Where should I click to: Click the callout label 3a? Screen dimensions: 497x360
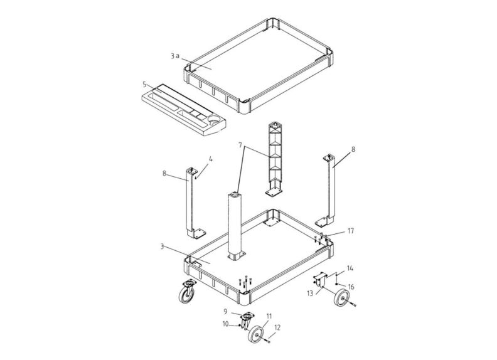[175, 56]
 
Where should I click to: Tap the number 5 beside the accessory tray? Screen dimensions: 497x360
[144, 85]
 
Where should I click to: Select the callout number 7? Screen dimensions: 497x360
[240, 145]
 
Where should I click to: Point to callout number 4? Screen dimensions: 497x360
[210, 159]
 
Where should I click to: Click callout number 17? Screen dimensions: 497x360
[351, 231]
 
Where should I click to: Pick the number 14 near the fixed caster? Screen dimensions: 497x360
[350, 268]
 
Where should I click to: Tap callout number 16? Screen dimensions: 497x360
[351, 287]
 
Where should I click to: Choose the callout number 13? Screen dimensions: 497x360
[309, 293]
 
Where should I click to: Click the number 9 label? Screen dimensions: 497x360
[225, 312]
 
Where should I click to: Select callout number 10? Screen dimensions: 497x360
[225, 324]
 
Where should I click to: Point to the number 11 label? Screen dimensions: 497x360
[269, 316]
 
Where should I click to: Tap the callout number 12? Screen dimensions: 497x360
[277, 327]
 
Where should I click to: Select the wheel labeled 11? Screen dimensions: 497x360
[256, 334]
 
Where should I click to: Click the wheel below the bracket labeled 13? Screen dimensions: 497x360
[341, 297]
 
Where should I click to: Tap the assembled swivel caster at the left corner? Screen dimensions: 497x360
[187, 292]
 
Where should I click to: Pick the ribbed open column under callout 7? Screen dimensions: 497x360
[274, 159]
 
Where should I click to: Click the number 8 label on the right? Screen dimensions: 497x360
[353, 149]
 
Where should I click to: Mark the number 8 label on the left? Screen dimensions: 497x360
[164, 173]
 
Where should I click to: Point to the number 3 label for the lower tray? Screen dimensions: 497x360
[162, 246]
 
